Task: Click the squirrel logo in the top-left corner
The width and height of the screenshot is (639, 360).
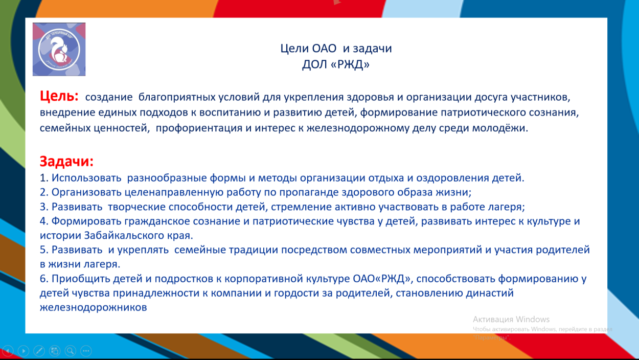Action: pyautogui.click(x=59, y=49)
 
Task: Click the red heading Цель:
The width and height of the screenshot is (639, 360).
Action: pyautogui.click(x=59, y=96)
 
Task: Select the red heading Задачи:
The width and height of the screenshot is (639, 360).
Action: pyautogui.click(x=66, y=162)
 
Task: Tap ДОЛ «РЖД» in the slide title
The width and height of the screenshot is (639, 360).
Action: pyautogui.click(x=336, y=64)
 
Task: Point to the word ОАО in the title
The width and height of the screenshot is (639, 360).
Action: pyautogui.click(x=324, y=49)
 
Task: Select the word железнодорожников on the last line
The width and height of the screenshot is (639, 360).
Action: pyautogui.click(x=93, y=307)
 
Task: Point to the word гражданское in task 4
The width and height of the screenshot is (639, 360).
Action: pyautogui.click(x=158, y=221)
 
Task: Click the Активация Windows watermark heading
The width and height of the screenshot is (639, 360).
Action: pyautogui.click(x=511, y=319)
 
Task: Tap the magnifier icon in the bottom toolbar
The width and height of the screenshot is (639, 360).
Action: pyautogui.click(x=71, y=351)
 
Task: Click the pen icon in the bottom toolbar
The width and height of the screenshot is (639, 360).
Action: pyautogui.click(x=39, y=351)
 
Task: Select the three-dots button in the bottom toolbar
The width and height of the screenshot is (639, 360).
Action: pyautogui.click(x=86, y=351)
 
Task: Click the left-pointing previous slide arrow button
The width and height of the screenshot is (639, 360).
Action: pyautogui.click(x=8, y=351)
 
